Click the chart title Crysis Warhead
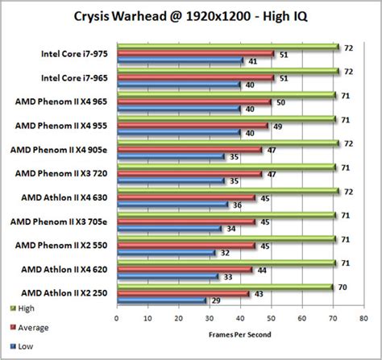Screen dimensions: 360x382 [x=191, y=15]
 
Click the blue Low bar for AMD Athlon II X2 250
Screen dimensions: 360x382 [x=162, y=300]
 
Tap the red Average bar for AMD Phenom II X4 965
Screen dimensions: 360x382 [x=193, y=102]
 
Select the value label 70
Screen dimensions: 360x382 [x=343, y=286]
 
